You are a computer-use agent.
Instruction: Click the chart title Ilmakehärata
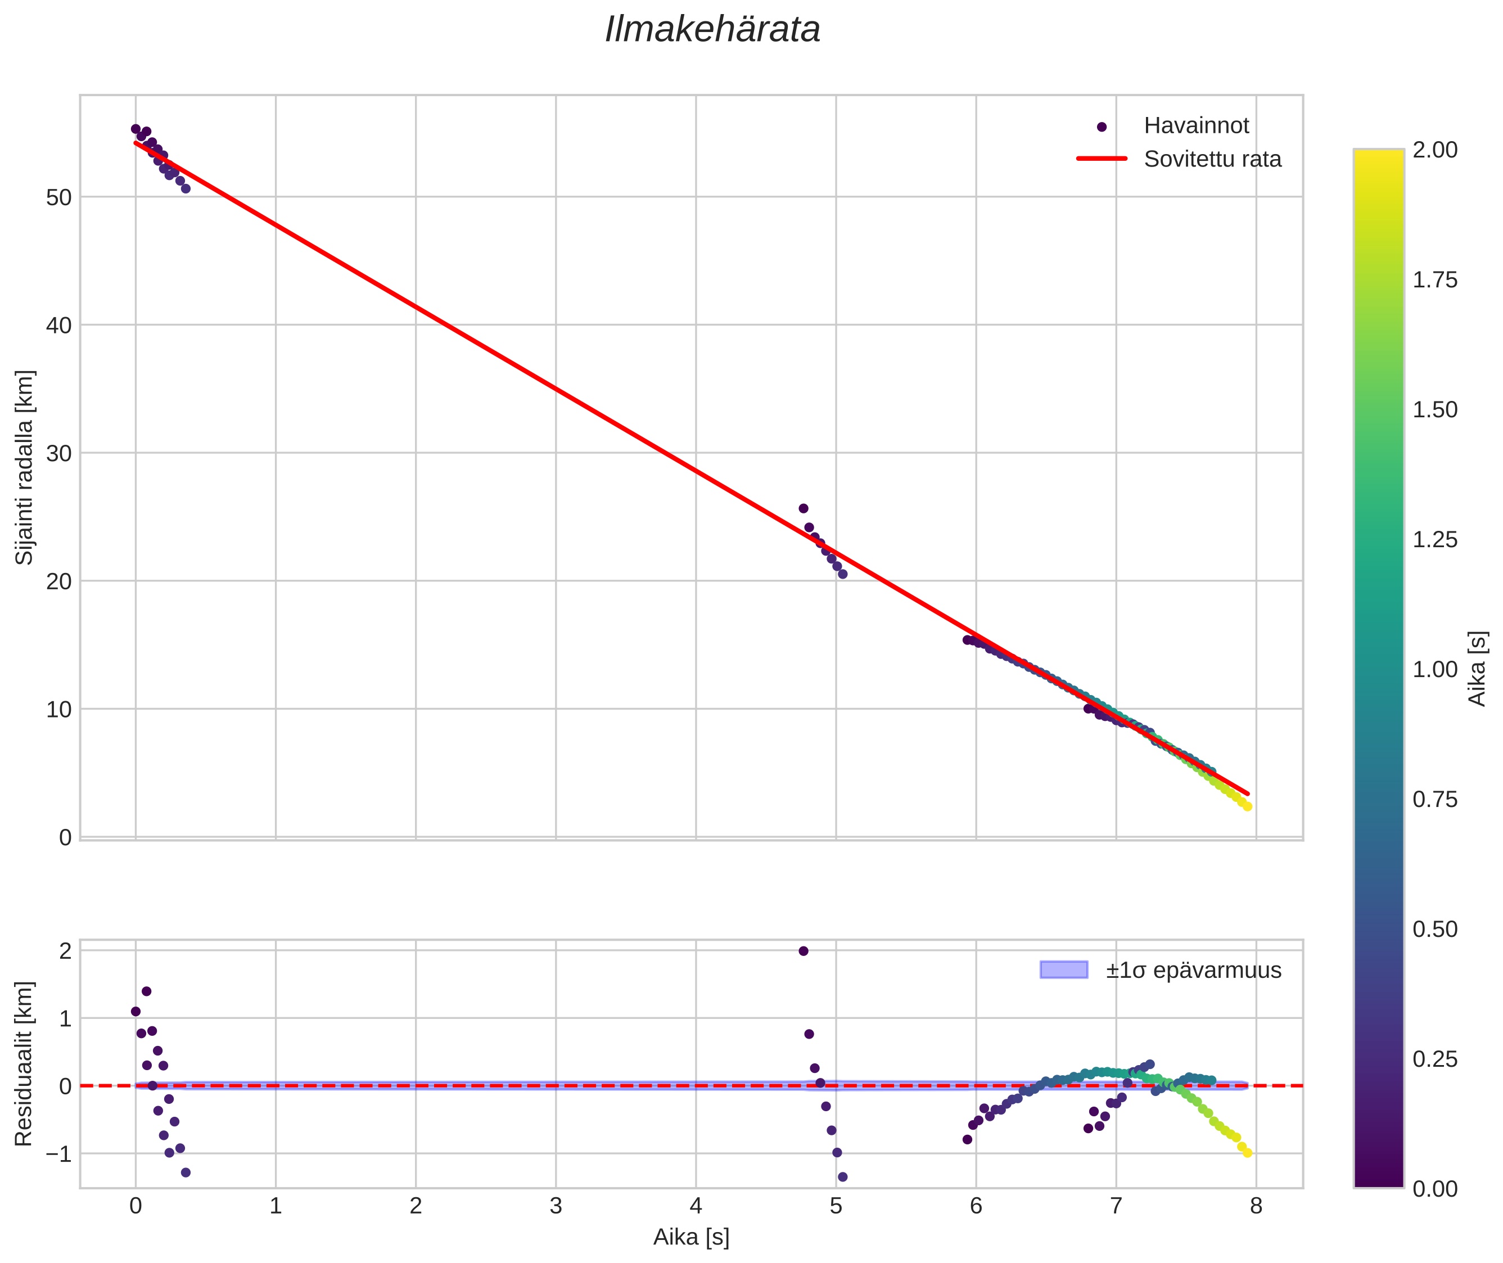pos(712,30)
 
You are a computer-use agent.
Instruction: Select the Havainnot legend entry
pos(1196,126)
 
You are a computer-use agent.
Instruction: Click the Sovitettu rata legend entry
pos(1212,159)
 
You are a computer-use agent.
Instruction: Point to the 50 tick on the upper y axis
pos(58,197)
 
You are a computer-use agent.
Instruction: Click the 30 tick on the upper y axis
pos(58,453)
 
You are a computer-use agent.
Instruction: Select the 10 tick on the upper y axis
pos(58,710)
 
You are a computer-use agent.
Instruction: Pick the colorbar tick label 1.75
pos(1435,280)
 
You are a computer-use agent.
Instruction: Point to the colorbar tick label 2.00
pos(1435,150)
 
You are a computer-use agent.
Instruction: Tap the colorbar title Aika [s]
pos(1477,669)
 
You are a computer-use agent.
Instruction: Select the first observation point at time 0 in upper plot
pos(136,129)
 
